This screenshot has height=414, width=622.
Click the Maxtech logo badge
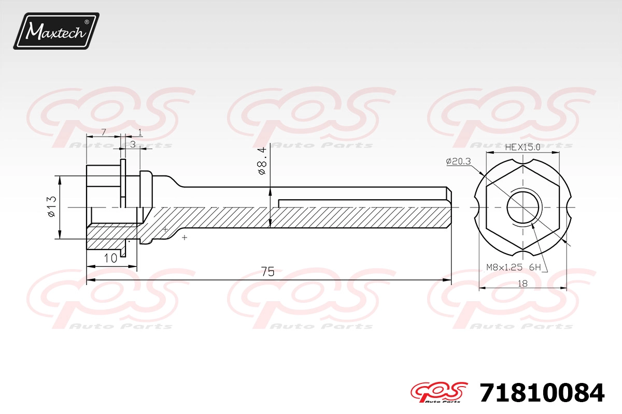[x=56, y=31]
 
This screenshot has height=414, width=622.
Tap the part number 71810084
[x=542, y=393]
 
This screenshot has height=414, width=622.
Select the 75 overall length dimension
[x=267, y=272]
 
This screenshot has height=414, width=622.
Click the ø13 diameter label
[x=52, y=206]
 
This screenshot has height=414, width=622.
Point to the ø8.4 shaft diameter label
[x=262, y=161]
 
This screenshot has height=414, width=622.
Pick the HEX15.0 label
[x=522, y=147]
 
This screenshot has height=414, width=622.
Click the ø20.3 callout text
[x=458, y=161]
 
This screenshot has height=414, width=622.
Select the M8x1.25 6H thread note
[x=514, y=268]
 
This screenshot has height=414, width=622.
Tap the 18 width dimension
[x=522, y=284]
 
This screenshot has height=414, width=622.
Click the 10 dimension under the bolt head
[x=110, y=258]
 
